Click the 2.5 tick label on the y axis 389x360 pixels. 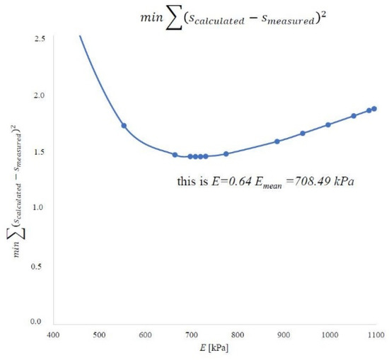click(41, 37)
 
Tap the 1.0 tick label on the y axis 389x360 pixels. click(41, 208)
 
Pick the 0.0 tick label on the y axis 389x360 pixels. click(41, 322)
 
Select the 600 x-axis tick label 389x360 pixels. click(144, 334)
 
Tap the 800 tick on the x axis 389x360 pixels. click(237, 334)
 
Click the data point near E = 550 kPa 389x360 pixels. click(124, 126)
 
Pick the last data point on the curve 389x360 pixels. click(374, 109)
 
